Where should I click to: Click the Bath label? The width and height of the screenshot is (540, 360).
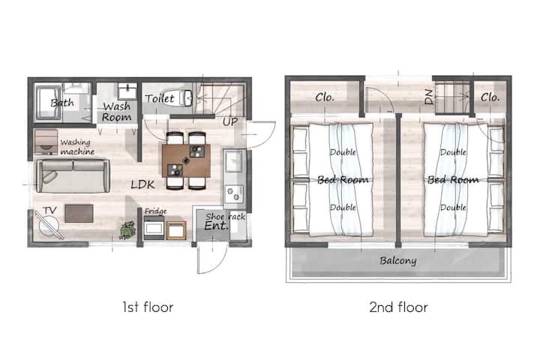[x=62, y=103]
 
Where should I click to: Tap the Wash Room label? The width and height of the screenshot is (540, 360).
[x=117, y=112]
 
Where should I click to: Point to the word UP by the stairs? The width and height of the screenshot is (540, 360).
[x=230, y=121]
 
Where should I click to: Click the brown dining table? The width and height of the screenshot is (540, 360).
[x=186, y=161]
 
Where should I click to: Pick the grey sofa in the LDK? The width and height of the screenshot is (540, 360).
[x=73, y=175]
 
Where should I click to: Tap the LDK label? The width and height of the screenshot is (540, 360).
[x=143, y=184]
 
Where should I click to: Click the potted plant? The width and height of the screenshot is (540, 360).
[x=127, y=229]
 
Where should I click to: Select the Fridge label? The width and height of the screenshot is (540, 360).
[x=156, y=211]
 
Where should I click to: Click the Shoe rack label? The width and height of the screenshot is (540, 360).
[x=226, y=217]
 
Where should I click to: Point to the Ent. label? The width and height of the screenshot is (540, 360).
[x=216, y=226]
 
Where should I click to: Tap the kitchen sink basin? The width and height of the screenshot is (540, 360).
[x=234, y=161]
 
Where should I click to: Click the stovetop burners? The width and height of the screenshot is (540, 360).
[x=234, y=194]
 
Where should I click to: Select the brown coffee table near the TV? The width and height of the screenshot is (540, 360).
[x=79, y=213]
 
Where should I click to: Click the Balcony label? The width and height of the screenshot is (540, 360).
[x=398, y=260]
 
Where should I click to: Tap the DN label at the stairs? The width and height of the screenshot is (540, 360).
[x=429, y=97]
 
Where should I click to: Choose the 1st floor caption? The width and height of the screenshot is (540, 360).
[x=148, y=307]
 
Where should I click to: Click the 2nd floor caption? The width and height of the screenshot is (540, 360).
[x=398, y=307]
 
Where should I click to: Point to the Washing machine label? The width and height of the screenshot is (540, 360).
[x=76, y=147]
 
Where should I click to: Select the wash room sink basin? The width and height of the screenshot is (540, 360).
[x=127, y=91]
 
